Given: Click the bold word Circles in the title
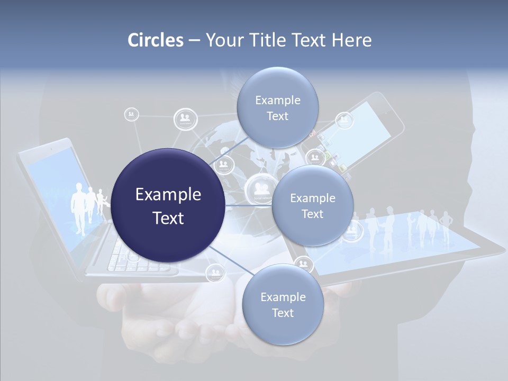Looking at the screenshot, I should [x=155, y=40].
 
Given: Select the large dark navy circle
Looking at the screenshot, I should [x=168, y=205].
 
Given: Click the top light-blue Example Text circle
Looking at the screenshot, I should [x=277, y=107].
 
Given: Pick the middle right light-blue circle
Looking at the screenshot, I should [x=312, y=205].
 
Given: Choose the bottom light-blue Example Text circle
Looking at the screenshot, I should [x=283, y=304].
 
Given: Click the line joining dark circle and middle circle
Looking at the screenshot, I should [x=249, y=205].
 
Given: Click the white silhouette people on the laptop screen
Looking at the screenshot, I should [x=87, y=206].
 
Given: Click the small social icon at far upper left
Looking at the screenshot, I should [x=131, y=114].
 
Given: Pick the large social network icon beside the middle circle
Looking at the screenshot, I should [x=259, y=189].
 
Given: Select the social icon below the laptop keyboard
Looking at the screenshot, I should [x=215, y=273].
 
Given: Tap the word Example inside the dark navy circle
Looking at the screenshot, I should [x=168, y=195].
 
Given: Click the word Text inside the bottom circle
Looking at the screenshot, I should [x=283, y=313].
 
